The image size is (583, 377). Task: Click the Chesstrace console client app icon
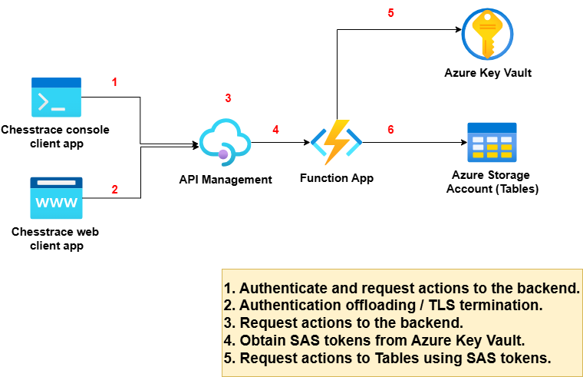pyautogui.click(x=56, y=97)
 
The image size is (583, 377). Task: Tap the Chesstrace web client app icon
pyautogui.click(x=56, y=197)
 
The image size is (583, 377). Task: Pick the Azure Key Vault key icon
pyautogui.click(x=488, y=32)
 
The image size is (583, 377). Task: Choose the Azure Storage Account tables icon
pyautogui.click(x=492, y=143)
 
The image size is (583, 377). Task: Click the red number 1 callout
pyautogui.click(x=115, y=81)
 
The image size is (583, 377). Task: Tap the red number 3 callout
pyautogui.click(x=228, y=98)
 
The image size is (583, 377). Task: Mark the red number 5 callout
pyautogui.click(x=390, y=13)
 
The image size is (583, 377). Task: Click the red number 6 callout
pyautogui.click(x=390, y=130)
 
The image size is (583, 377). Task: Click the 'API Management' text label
pyautogui.click(x=226, y=180)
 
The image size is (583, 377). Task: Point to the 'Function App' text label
pyautogui.click(x=337, y=178)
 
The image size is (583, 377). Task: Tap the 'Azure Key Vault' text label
pyautogui.click(x=488, y=73)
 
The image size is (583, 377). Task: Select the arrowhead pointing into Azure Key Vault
pyautogui.click(x=457, y=31)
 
